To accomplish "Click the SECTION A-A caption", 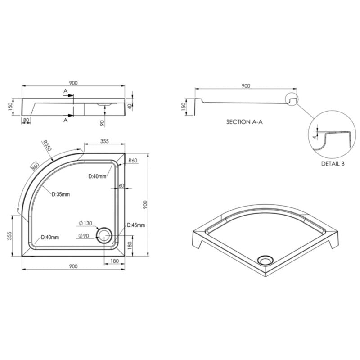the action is tap(244, 122).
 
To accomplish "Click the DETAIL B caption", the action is tap(333, 164).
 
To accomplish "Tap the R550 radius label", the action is tap(47, 145).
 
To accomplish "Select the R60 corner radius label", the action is tap(133, 161).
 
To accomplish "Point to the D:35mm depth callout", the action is tap(61, 194).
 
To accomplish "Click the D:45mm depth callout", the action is tap(136, 225).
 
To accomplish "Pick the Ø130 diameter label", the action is tap(85, 223).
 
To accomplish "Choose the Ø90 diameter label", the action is tap(84, 236).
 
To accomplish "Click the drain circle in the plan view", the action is tap(104, 235).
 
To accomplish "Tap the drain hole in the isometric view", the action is tap(265, 260).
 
